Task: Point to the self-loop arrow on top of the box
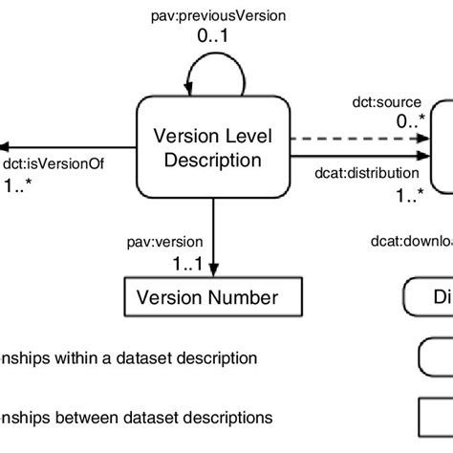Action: click(x=206, y=75)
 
